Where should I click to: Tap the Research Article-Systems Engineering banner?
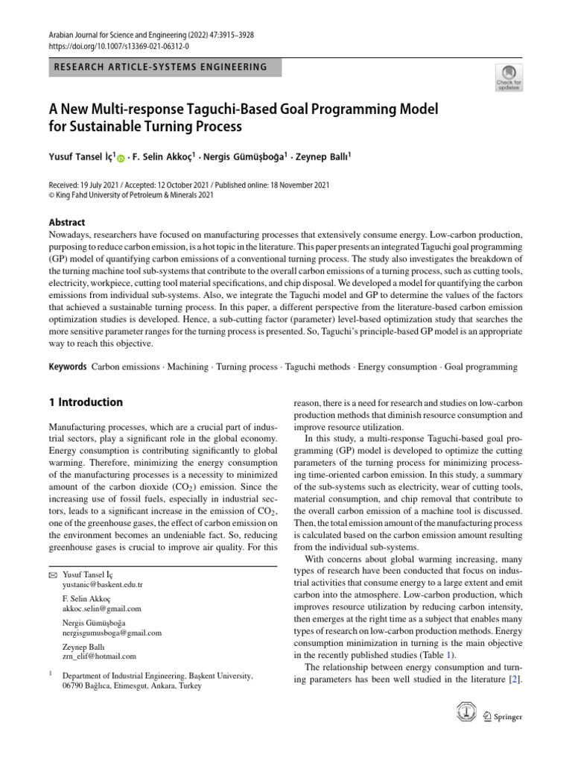[x=160, y=67]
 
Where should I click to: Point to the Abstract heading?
[x=67, y=222]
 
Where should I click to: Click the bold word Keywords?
[x=67, y=367]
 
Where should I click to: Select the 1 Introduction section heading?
[x=86, y=402]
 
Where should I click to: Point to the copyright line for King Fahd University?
[x=131, y=195]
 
